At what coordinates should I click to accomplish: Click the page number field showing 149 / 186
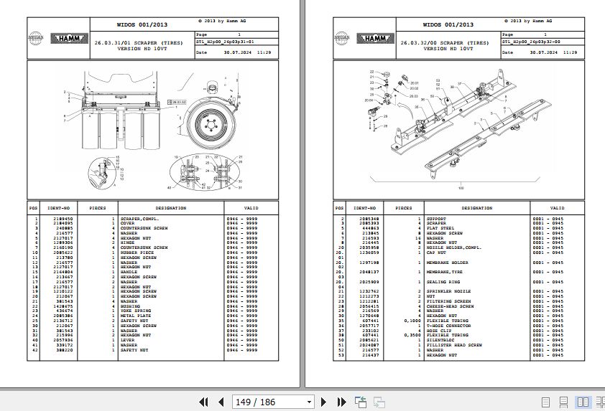point(273,402)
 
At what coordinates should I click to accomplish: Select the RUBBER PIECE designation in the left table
point(138,252)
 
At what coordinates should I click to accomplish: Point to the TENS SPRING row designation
point(138,310)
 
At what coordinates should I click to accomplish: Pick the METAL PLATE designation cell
point(137,315)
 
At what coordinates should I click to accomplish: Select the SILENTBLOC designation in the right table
point(441,340)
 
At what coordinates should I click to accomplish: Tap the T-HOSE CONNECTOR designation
point(448,325)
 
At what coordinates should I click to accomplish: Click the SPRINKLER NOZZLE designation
point(448,290)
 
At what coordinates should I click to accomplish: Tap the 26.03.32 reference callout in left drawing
point(176,102)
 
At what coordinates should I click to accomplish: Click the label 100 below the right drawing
point(460,189)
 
